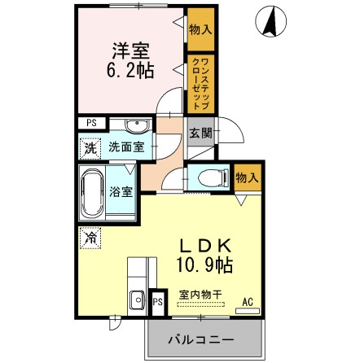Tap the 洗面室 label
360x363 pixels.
[x=128, y=147]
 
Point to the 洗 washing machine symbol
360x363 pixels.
[x=90, y=149]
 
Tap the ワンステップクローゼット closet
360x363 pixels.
[x=199, y=83]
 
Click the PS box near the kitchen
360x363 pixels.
[x=157, y=303]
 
